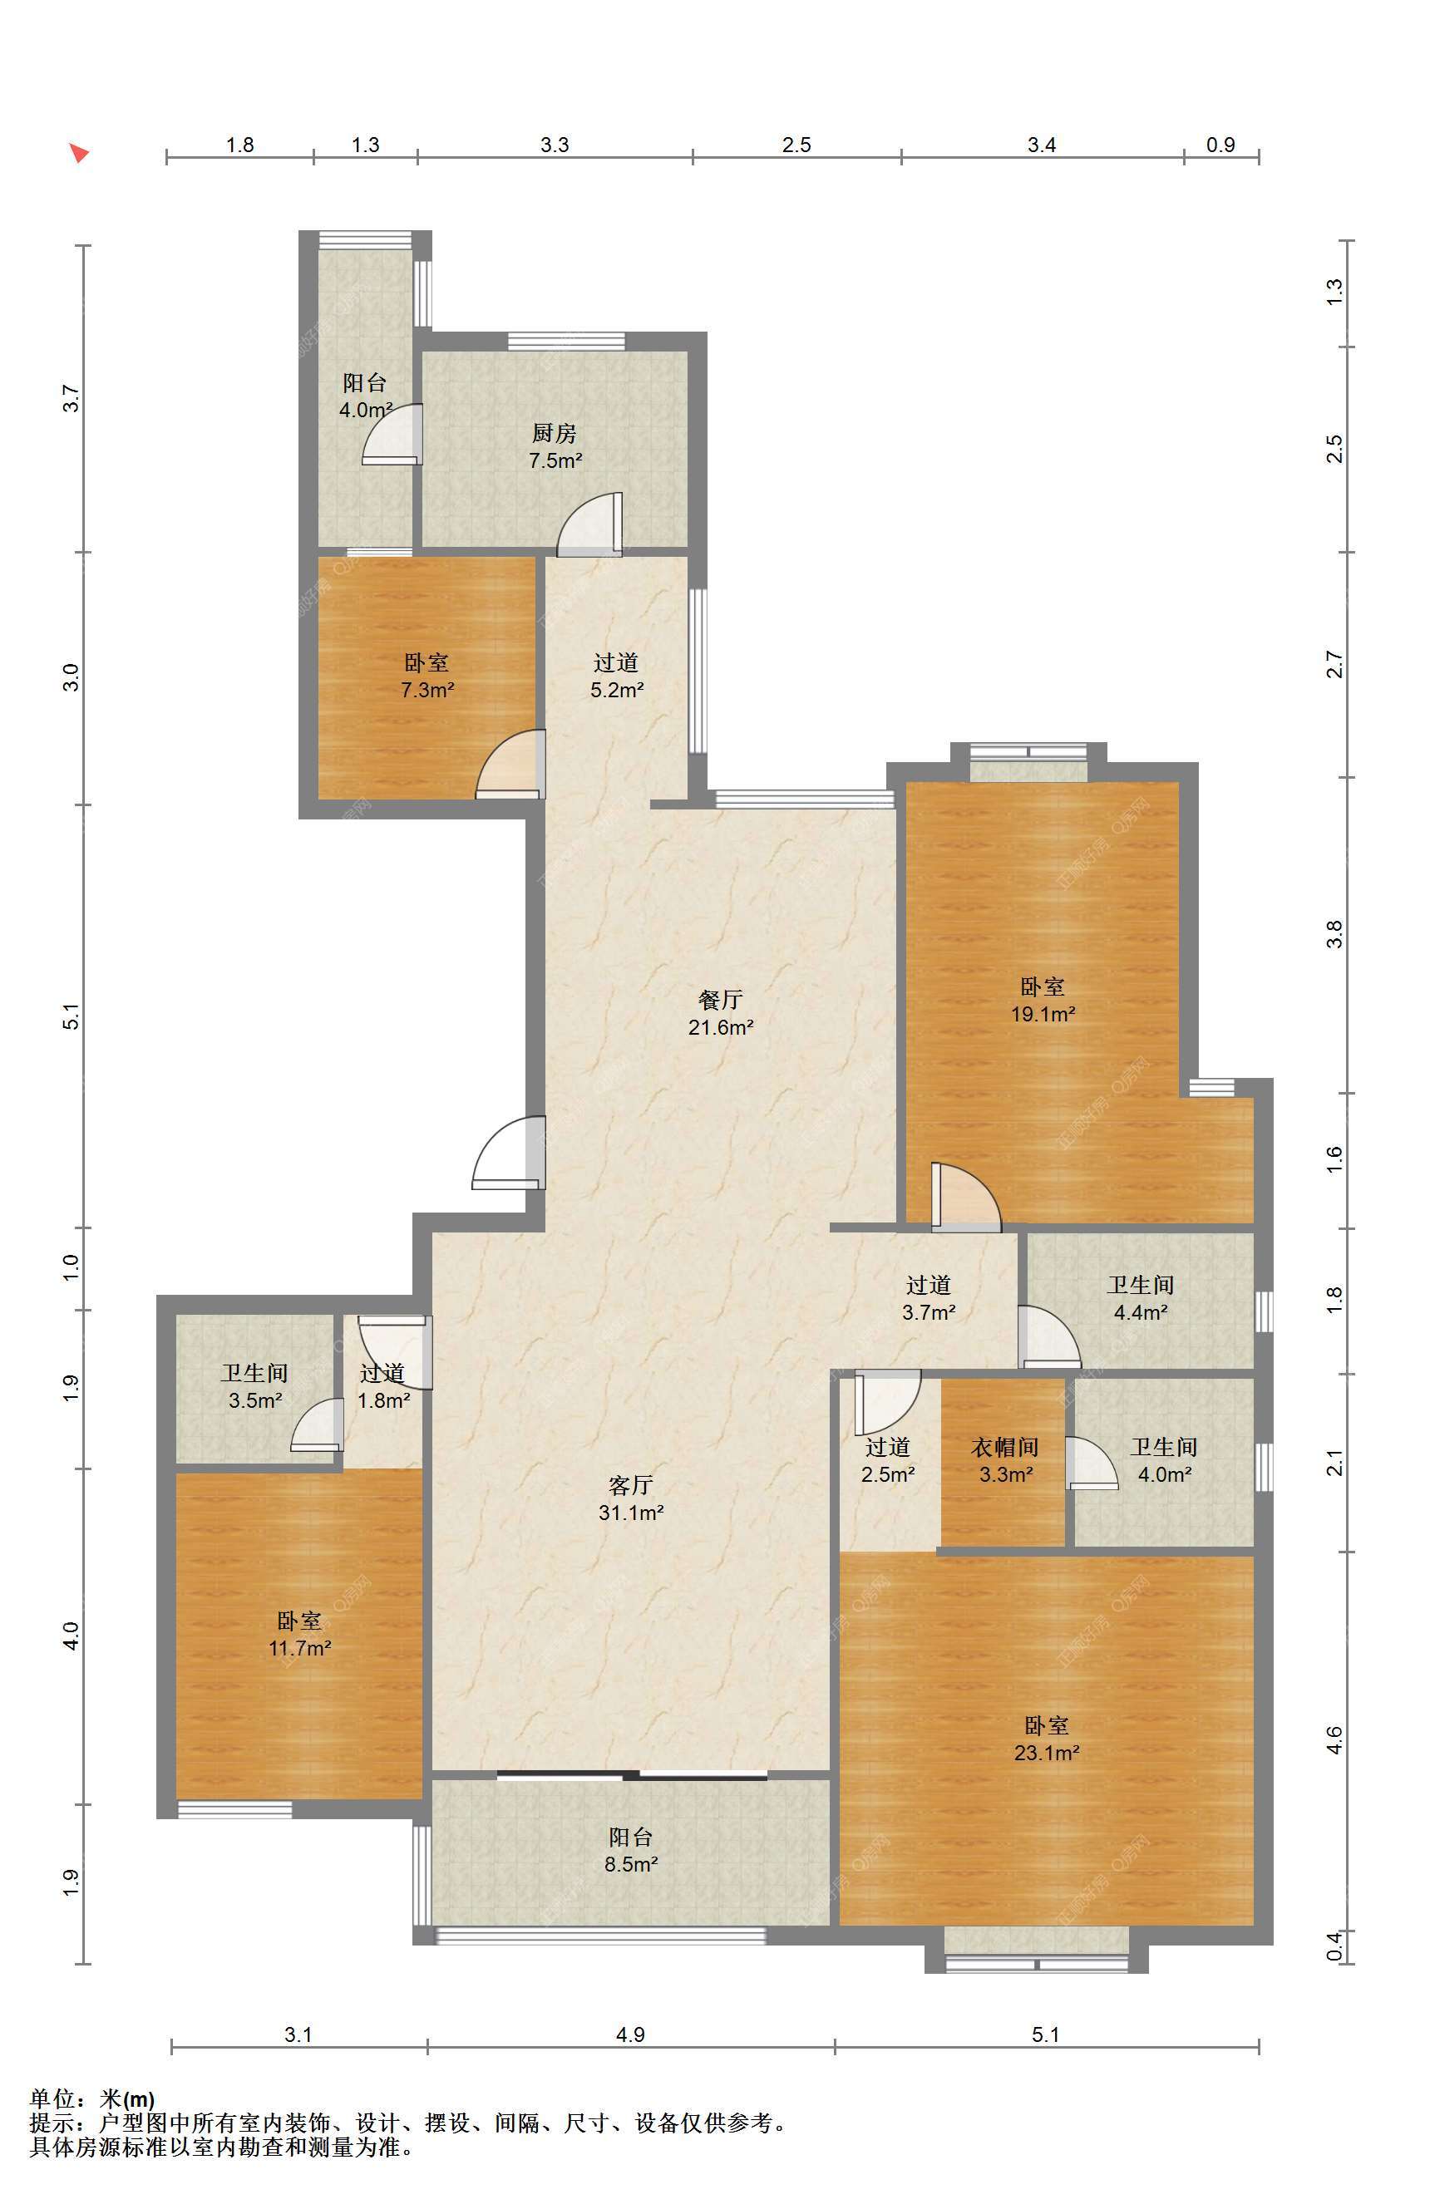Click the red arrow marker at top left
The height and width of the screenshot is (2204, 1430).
pos(80,154)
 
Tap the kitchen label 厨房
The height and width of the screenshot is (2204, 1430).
pos(554,432)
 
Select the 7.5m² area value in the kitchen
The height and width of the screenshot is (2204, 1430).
pos(555,460)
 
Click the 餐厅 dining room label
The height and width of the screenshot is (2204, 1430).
pos(720,999)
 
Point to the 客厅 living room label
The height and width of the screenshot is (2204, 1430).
pos(631,1485)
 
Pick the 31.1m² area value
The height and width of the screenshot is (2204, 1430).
pos(631,1513)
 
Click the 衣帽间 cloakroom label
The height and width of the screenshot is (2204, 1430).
pos(1004,1447)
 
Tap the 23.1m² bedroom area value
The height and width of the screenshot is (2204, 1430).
pos(1047,1752)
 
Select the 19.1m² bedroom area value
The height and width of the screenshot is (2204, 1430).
pos(1042,1013)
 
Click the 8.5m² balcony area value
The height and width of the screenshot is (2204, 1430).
pos(631,1864)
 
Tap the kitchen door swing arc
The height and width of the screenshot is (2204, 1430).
pos(589,524)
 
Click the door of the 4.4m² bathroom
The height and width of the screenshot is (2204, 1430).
pos(1049,1336)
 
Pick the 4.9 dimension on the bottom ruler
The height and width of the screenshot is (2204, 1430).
pos(630,2034)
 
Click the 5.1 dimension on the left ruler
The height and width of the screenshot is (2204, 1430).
pos(71,1016)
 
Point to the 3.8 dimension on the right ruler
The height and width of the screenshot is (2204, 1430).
pos(1334,933)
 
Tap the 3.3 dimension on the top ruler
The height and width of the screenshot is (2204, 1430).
pos(555,145)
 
